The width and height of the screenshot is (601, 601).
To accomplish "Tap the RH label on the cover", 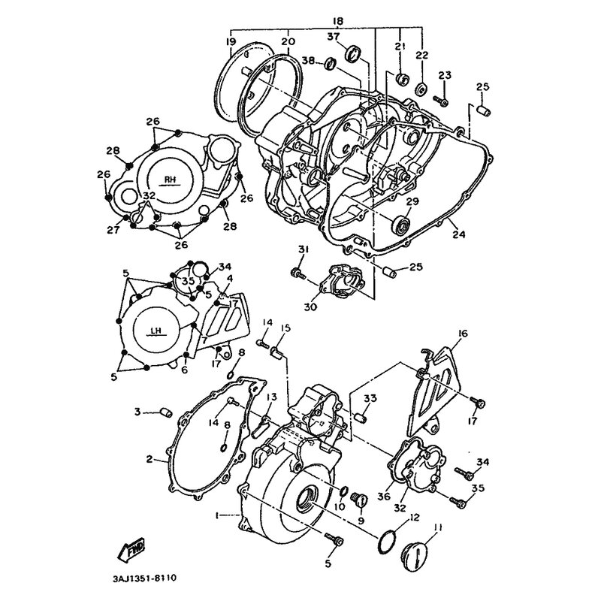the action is [171, 180].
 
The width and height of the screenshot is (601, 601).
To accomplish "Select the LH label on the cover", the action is [156, 331].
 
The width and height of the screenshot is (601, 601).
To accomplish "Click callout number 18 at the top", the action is [337, 22].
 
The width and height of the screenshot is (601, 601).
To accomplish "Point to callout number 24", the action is [458, 234].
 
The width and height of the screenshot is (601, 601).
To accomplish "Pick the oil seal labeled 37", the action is [353, 53].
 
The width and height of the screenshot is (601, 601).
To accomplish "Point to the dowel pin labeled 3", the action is [166, 413].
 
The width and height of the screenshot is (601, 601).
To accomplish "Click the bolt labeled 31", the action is [297, 273].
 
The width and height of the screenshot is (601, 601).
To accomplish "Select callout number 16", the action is [463, 334].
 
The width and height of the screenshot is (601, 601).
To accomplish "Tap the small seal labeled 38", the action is [330, 64].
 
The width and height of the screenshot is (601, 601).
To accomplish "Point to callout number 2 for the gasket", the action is [149, 459].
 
